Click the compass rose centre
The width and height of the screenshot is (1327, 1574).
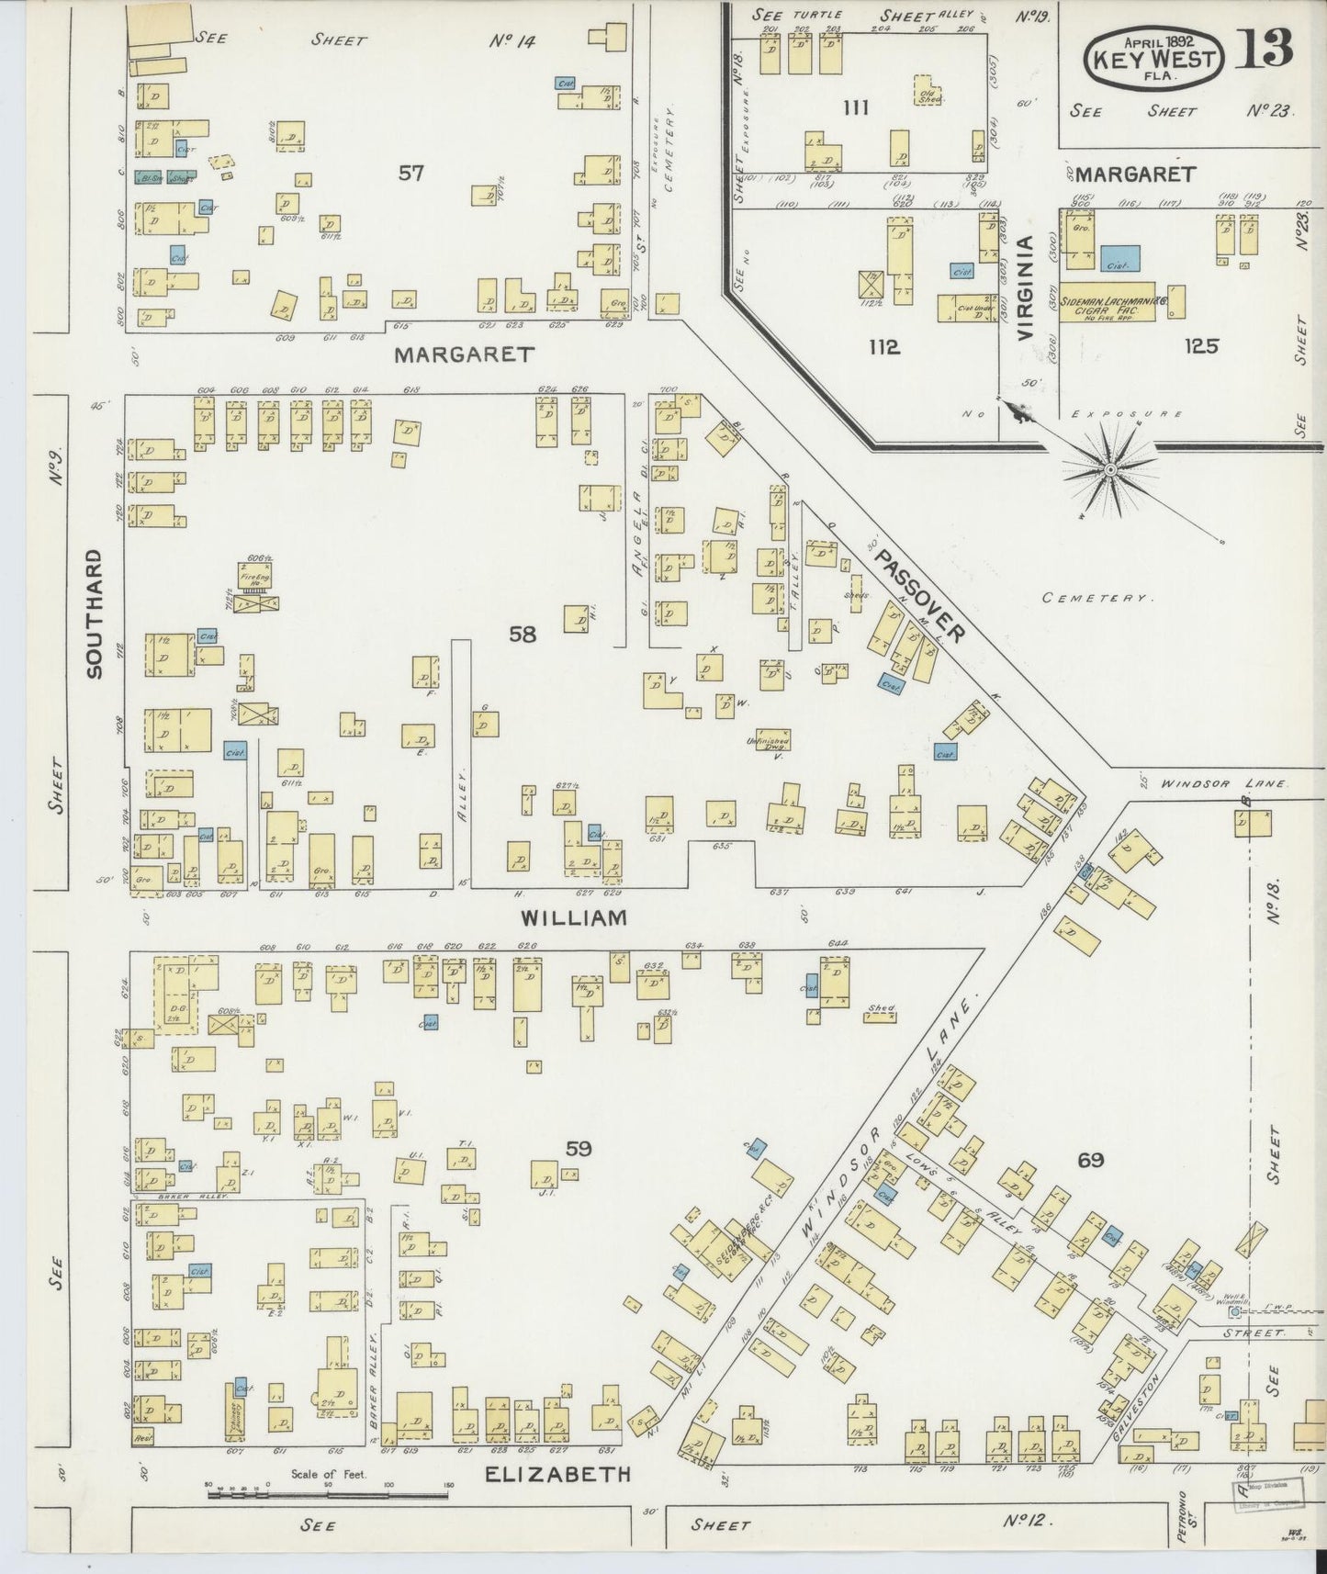pyautogui.click(x=1109, y=469)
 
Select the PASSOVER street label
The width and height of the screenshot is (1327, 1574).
pyautogui.click(x=917, y=594)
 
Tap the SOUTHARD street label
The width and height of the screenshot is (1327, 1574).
pyautogui.click(x=95, y=613)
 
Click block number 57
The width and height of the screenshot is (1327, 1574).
pyautogui.click(x=410, y=173)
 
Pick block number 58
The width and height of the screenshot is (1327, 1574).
pyautogui.click(x=523, y=634)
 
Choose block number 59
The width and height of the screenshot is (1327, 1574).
pyautogui.click(x=578, y=1148)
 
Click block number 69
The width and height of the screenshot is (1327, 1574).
pyautogui.click(x=1090, y=1161)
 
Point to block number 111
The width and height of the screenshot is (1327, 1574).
pyautogui.click(x=855, y=108)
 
